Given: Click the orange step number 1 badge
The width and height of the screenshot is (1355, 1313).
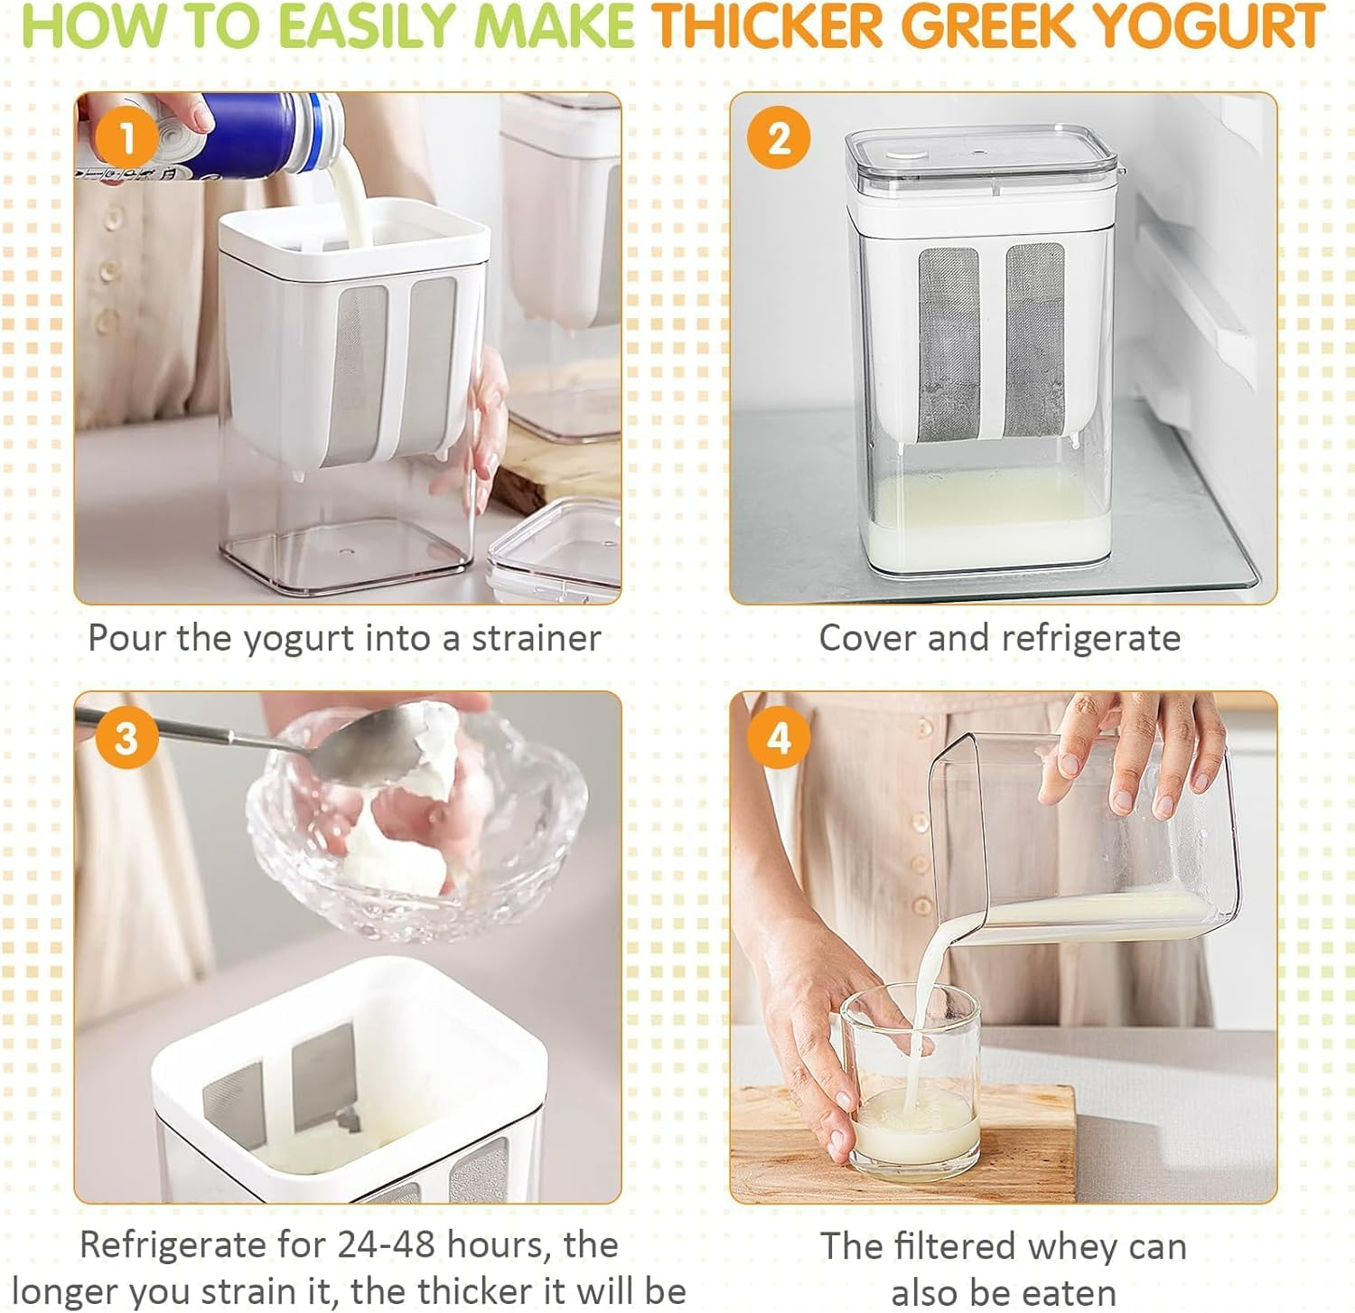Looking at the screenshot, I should point(126,139).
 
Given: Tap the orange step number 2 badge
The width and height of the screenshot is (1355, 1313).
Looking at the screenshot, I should point(779,138).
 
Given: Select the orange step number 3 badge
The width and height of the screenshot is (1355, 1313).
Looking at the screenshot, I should point(126,738).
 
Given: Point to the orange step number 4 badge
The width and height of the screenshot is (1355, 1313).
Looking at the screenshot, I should point(779,738).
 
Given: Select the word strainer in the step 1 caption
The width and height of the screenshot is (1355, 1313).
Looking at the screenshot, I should point(537,638).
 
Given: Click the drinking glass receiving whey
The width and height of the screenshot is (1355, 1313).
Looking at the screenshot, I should point(912,1084).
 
